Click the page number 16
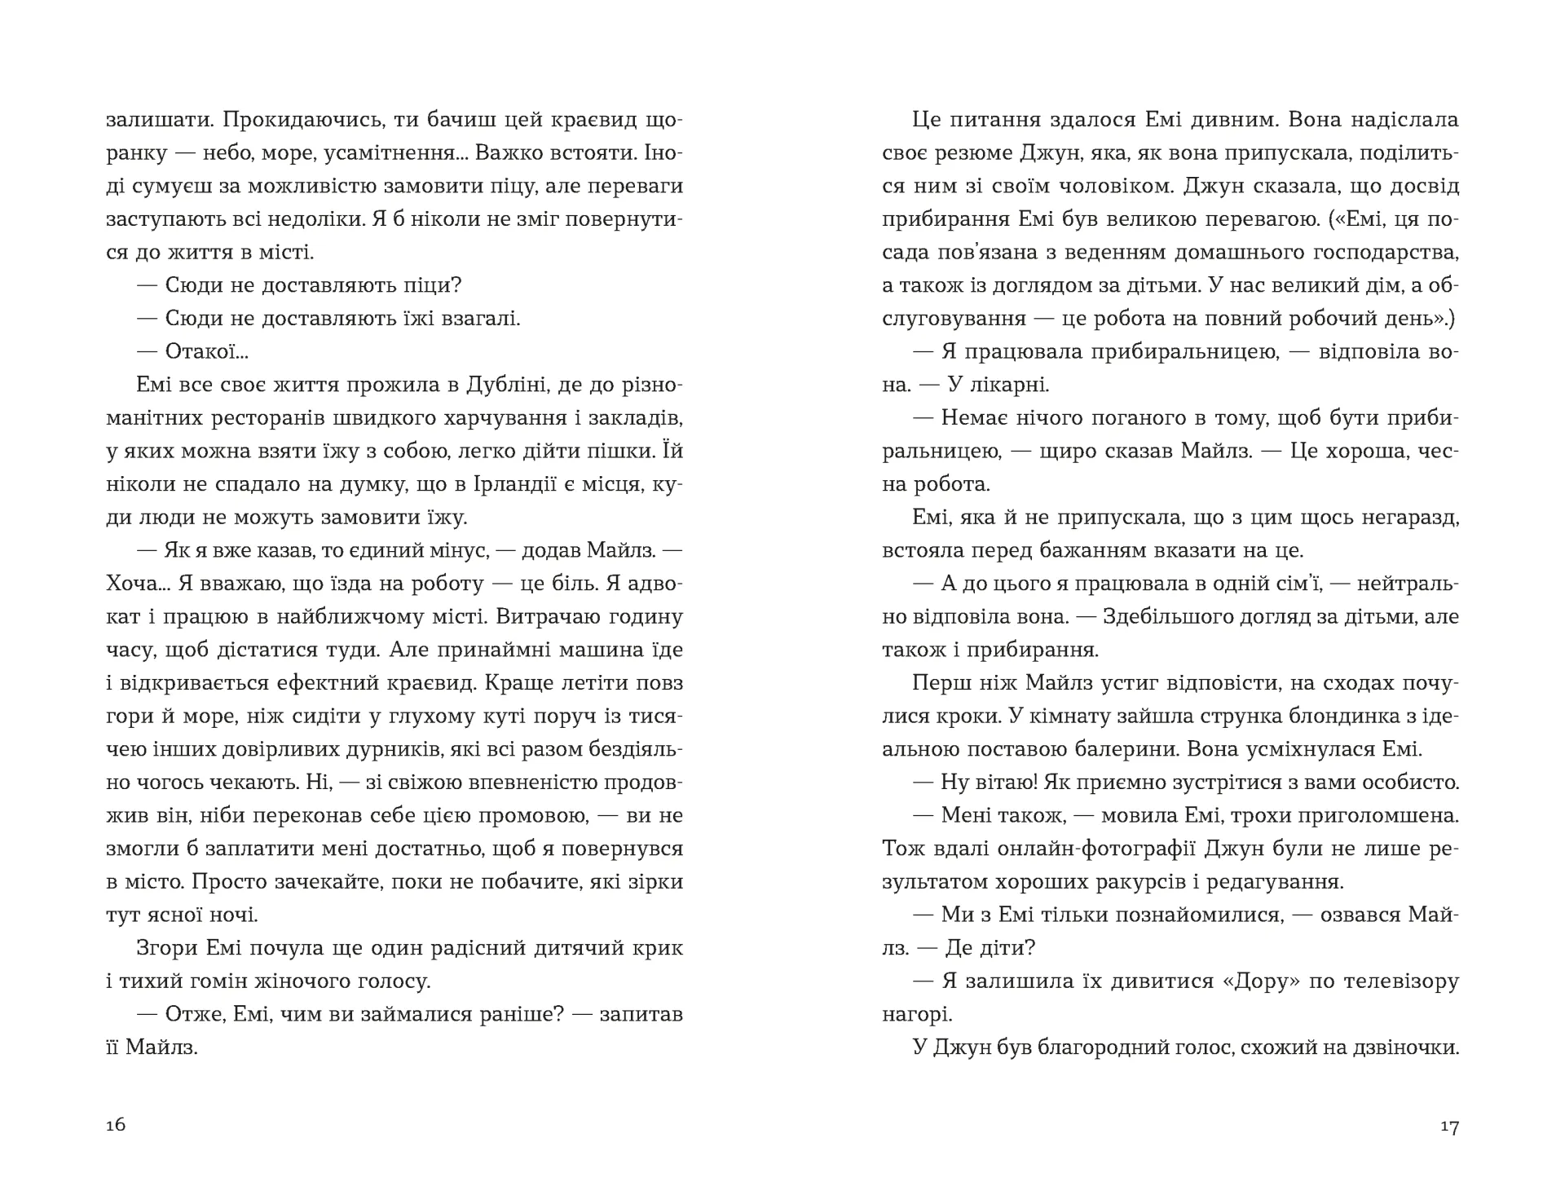[x=116, y=1125]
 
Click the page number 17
[x=1448, y=1127]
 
